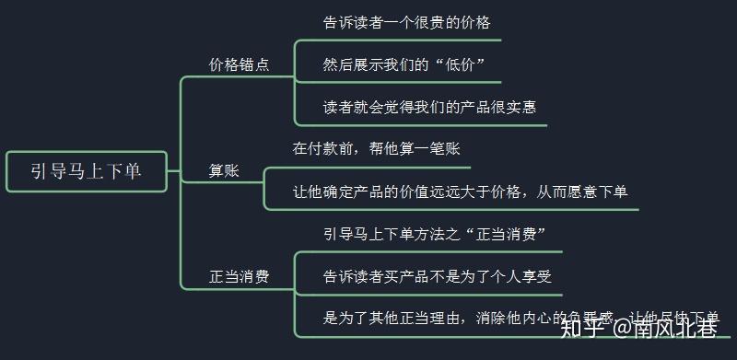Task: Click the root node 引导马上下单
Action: point(87,171)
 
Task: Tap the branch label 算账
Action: point(225,171)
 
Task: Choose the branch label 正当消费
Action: point(239,276)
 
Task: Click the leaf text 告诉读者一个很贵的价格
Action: point(400,22)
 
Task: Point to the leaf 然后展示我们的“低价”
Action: point(404,64)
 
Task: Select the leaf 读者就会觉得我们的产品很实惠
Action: point(429,107)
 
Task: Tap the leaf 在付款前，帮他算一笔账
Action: point(376,149)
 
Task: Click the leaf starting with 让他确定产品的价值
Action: point(460,192)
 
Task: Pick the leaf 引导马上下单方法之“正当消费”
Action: point(429,234)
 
